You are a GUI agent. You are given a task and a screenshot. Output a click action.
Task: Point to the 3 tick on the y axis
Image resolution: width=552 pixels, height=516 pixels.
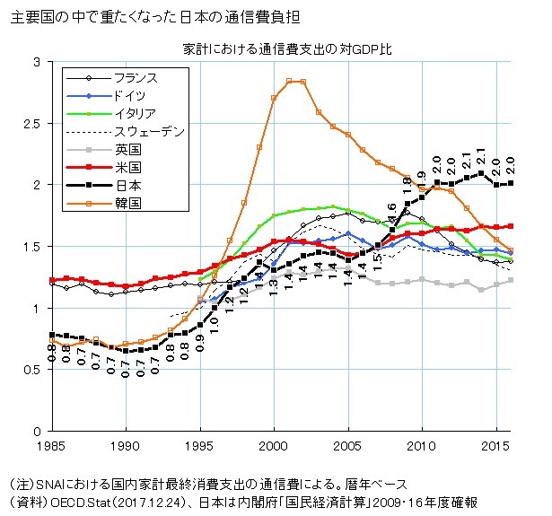click(37, 62)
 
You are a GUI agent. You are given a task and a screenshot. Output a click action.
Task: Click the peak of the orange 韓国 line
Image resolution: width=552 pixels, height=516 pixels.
click(294, 81)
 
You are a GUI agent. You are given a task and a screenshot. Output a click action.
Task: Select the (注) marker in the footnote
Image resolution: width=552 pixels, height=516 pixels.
click(19, 483)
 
